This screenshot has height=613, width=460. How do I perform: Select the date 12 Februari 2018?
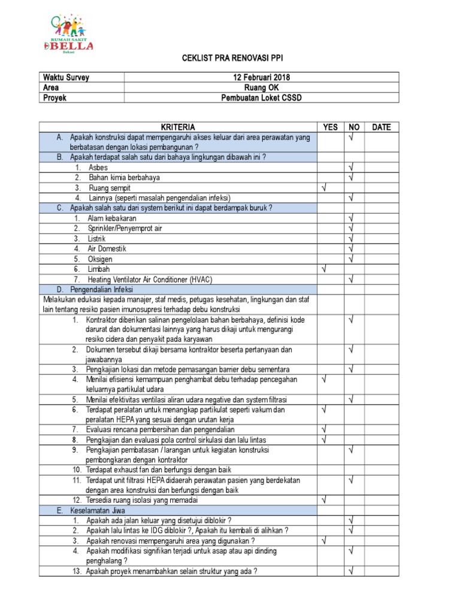[261, 78]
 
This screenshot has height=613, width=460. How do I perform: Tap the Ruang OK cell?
[261, 88]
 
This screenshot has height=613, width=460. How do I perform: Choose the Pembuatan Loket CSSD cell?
[261, 98]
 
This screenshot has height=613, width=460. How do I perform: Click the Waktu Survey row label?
[66, 78]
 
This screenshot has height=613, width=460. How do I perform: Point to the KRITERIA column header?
[178, 127]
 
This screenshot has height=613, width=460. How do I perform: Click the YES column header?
[331, 127]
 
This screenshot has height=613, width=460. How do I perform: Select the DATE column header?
[381, 127]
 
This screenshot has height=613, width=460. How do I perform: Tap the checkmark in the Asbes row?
[353, 168]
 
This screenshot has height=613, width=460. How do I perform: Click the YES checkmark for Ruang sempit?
[324, 188]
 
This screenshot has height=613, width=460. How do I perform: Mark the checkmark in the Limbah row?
[324, 269]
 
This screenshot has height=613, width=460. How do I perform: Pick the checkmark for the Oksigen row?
[353, 259]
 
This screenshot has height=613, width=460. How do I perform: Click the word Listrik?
[96, 238]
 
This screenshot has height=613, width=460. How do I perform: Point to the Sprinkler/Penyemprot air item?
[125, 229]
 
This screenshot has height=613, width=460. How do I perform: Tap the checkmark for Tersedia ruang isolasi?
[324, 499]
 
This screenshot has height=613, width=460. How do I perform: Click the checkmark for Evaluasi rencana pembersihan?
[324, 429]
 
